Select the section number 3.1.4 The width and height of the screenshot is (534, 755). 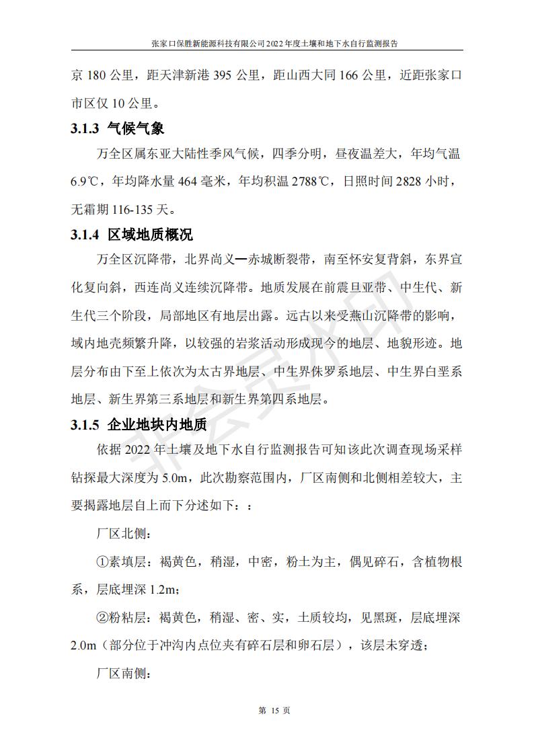click(85, 235)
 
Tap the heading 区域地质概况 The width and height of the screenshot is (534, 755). click(149, 235)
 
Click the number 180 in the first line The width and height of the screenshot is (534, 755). click(98, 76)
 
